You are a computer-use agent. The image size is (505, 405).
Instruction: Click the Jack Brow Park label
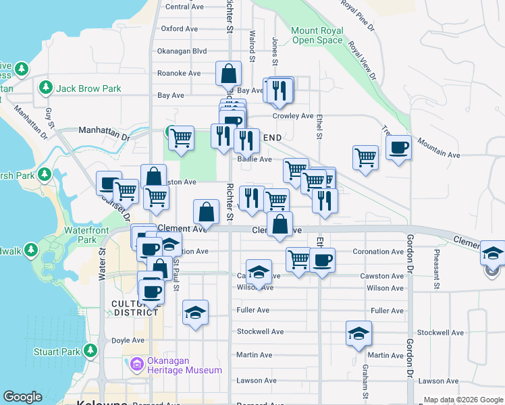pos(88,88)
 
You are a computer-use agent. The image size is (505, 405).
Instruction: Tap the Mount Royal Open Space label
pos(317,36)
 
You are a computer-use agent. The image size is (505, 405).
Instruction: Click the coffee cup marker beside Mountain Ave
pos(398,147)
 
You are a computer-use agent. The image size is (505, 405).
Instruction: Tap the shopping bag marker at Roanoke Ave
pos(229,73)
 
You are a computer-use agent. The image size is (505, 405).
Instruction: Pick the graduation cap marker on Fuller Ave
pos(195,312)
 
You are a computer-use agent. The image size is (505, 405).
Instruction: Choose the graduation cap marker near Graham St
pos(358,333)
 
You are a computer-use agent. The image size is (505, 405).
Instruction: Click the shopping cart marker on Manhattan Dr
pos(181,138)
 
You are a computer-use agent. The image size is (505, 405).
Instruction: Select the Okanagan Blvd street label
pos(181,51)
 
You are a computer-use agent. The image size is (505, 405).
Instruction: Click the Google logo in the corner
pos(23,397)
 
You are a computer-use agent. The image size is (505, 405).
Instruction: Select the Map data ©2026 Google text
pos(462,400)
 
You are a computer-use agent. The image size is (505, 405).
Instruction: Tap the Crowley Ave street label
pos(293,116)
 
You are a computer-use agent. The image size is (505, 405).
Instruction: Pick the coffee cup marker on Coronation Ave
pos(322,259)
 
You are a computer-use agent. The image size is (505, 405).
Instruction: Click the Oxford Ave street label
pos(179,29)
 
